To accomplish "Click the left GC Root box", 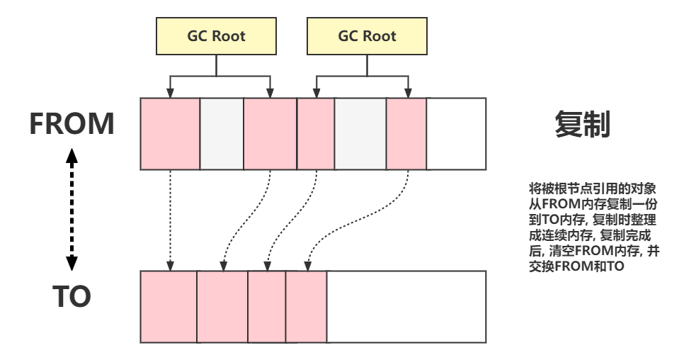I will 216,36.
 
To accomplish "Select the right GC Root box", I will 367,36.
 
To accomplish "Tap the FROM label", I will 72,124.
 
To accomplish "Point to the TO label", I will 72,296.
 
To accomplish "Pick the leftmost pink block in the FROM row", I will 170,134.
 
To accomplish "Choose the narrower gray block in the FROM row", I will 222,134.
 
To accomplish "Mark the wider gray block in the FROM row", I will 360,134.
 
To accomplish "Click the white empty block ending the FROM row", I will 456,134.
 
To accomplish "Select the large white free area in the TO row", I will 406,306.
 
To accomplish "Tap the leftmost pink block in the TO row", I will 169,306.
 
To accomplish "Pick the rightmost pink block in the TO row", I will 306,306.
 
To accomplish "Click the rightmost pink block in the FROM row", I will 406,134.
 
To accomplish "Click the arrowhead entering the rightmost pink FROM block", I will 408,94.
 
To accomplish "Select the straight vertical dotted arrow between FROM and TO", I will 170,220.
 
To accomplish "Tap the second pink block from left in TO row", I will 222,306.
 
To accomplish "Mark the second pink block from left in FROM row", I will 270,134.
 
